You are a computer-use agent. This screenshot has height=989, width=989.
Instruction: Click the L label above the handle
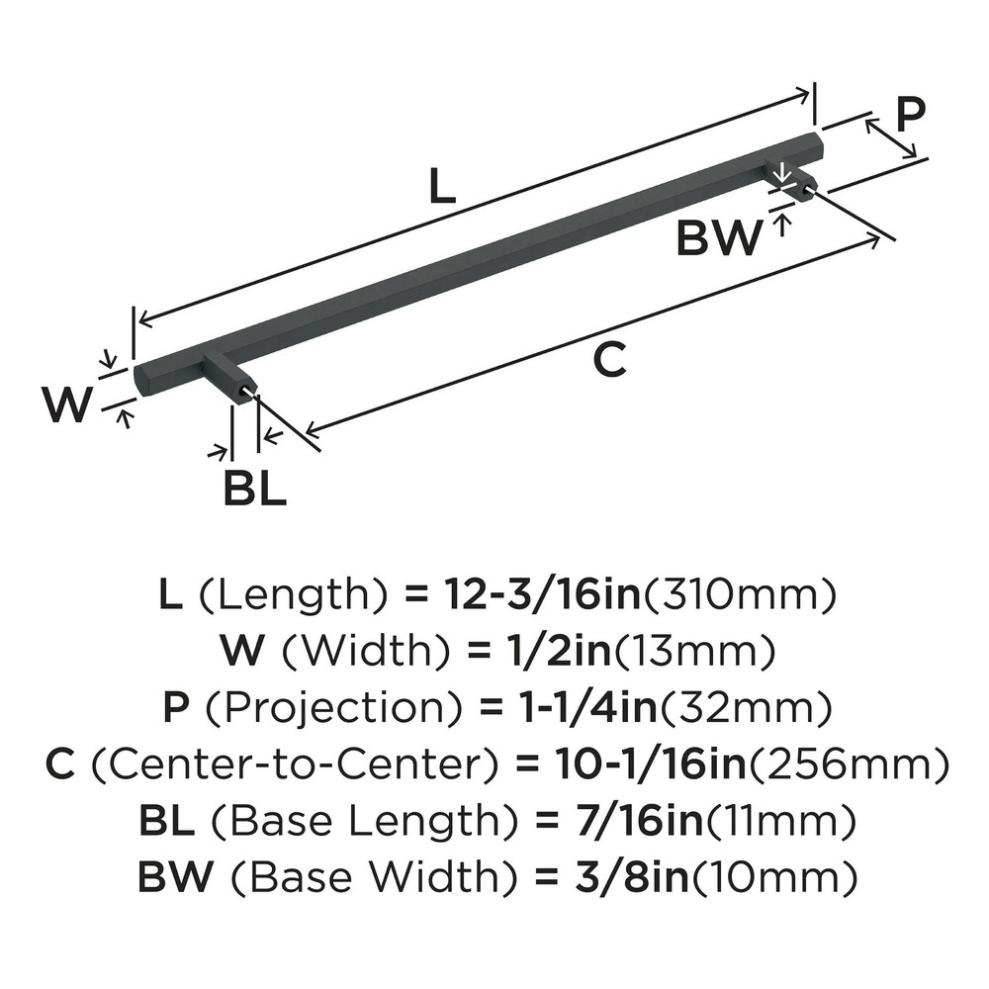(x=442, y=187)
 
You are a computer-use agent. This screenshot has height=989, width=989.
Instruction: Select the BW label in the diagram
(x=720, y=238)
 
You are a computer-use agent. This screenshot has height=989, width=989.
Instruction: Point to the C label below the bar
(x=609, y=361)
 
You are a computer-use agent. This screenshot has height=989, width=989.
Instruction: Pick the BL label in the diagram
(x=254, y=489)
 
